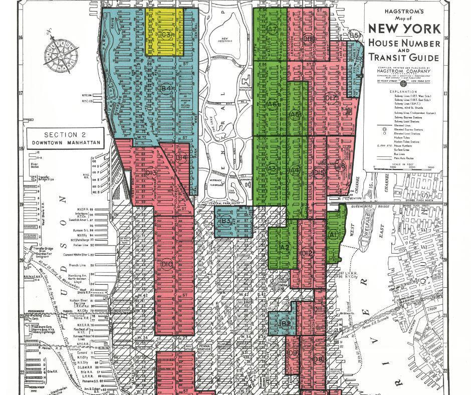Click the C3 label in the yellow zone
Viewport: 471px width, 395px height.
(166, 35)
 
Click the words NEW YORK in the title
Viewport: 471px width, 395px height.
(405, 28)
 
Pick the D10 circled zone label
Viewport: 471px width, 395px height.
(167, 264)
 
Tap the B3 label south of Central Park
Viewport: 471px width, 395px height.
(225, 220)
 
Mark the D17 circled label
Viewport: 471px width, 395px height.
(331, 98)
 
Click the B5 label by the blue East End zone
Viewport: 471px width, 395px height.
(354, 36)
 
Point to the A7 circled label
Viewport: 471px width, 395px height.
(272, 30)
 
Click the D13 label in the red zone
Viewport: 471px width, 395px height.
(150, 173)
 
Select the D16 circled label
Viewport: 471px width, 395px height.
(340, 166)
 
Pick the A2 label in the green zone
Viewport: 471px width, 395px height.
(285, 247)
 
